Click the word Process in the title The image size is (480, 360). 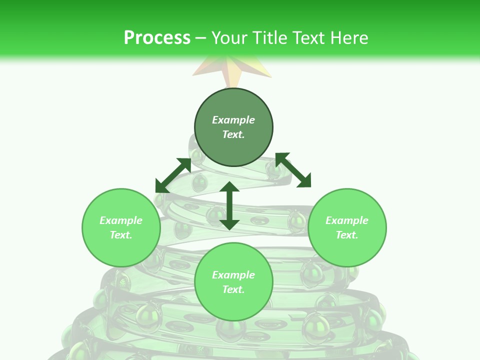point(157,38)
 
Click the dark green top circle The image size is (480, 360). point(233,150)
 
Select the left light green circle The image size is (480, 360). point(121,250)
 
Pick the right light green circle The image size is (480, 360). point(347,250)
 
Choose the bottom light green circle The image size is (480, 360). point(233,305)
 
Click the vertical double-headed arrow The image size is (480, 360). point(229,205)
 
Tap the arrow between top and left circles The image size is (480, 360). point(173,175)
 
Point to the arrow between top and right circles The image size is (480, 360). point(293,170)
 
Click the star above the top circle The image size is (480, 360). point(232,70)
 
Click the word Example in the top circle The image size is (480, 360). point(233,120)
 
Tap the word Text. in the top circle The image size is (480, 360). point(233,134)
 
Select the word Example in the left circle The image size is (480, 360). point(121,220)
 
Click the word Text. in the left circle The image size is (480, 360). point(121,235)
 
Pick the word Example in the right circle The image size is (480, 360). point(347,220)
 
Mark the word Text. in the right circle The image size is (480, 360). point(347,235)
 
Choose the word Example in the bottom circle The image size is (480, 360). point(233,275)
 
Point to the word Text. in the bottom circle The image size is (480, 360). point(233,289)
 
